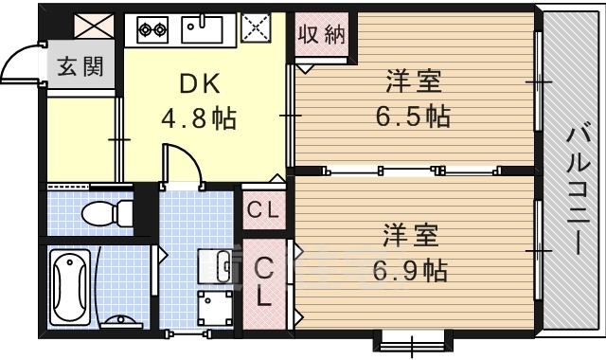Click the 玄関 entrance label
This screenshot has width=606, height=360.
point(80,66)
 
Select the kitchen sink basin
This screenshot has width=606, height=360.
point(202,29)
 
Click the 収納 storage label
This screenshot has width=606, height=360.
point(321,34)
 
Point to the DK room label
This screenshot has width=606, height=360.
point(200,83)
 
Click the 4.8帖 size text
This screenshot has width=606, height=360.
point(198,117)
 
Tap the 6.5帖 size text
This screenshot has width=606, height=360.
point(413,117)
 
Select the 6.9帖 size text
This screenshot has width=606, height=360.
point(410,271)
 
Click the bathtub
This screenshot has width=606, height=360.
point(70,286)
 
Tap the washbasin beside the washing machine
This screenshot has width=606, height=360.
point(216,266)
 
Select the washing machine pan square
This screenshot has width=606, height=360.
point(215,308)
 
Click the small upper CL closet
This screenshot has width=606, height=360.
point(264,210)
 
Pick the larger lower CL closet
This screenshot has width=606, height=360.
point(265,284)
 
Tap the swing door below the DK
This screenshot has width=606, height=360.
point(183,167)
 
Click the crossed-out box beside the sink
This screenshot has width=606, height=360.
point(256,27)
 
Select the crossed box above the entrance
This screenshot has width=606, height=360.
point(94,26)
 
